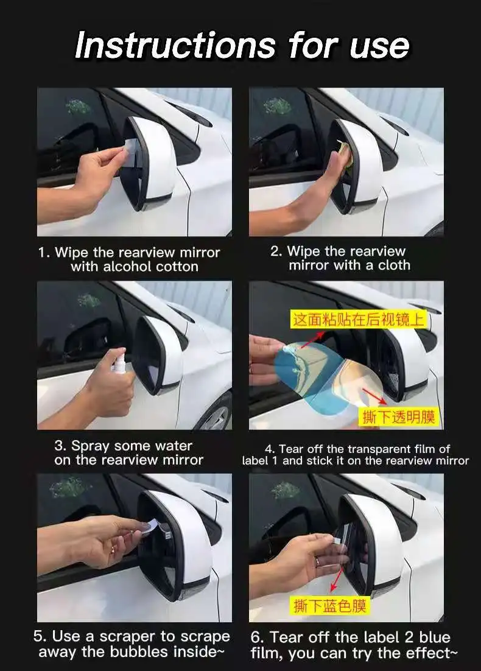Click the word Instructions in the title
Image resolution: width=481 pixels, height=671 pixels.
[175, 45]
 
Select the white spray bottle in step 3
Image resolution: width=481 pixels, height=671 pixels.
[119, 361]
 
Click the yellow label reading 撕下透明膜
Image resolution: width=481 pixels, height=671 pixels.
[398, 417]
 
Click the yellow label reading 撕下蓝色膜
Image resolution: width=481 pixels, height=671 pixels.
[330, 605]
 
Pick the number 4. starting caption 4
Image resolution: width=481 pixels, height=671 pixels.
[270, 449]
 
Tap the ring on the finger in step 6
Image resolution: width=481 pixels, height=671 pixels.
[318, 561]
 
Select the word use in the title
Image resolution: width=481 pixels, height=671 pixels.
[379, 47]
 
